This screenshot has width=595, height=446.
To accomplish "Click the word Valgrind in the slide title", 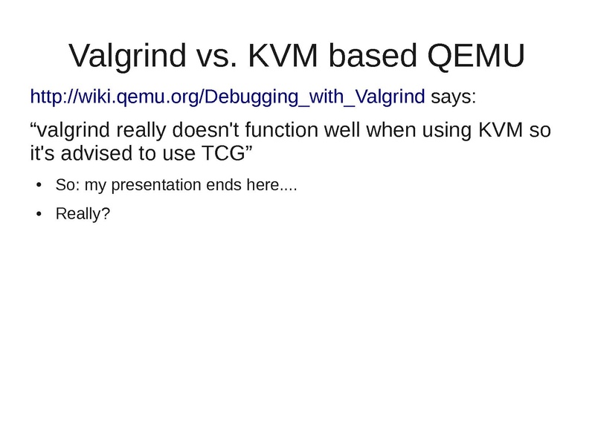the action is (x=127, y=56).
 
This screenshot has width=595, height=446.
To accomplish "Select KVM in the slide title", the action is (x=283, y=55).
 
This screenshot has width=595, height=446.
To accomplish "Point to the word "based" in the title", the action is (x=373, y=55).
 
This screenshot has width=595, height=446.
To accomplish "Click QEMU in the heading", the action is (x=476, y=56).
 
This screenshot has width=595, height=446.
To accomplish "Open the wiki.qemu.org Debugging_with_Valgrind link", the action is (x=228, y=97).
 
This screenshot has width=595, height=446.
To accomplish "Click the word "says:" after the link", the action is (x=454, y=97).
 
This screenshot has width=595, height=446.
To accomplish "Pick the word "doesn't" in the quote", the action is (x=206, y=129).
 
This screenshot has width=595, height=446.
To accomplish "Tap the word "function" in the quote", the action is (x=281, y=129).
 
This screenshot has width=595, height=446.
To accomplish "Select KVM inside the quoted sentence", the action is (x=501, y=129).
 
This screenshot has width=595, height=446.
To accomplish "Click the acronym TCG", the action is (x=223, y=153).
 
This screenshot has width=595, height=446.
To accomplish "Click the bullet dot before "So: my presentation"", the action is (x=39, y=185).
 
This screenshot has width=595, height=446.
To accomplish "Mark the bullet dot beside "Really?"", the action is (x=39, y=214).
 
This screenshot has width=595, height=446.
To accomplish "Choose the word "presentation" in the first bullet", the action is (x=156, y=185).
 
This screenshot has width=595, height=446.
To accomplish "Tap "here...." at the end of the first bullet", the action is (x=271, y=185).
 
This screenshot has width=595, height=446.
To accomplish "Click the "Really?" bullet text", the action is (x=83, y=213).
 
